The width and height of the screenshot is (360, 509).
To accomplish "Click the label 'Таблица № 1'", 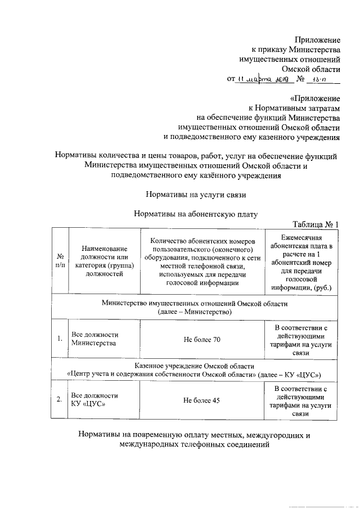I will [x=316, y=225].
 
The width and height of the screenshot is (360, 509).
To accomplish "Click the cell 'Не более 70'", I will [x=202, y=339].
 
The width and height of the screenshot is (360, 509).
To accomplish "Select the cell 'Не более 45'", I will [x=202, y=400].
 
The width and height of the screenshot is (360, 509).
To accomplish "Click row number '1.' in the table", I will [x=59, y=339].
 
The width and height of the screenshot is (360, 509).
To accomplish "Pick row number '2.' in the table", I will [x=59, y=400].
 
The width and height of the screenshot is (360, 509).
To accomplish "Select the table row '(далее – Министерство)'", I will [x=195, y=312].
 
